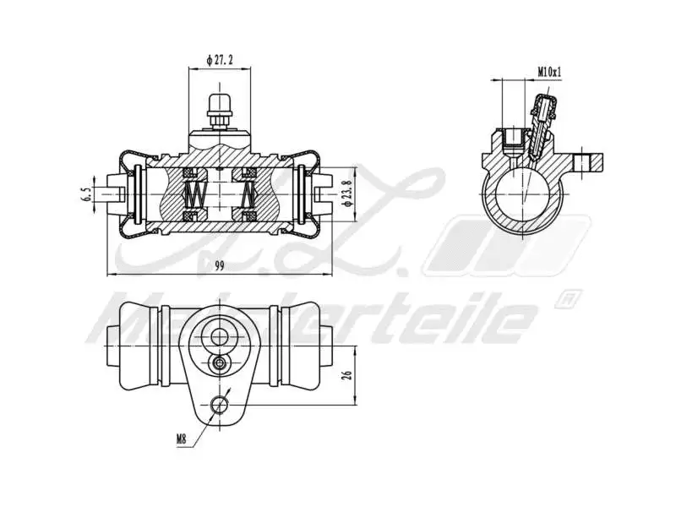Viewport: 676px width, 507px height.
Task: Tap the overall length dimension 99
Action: coord(220,266)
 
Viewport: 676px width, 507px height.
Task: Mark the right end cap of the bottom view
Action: coord(307,344)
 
